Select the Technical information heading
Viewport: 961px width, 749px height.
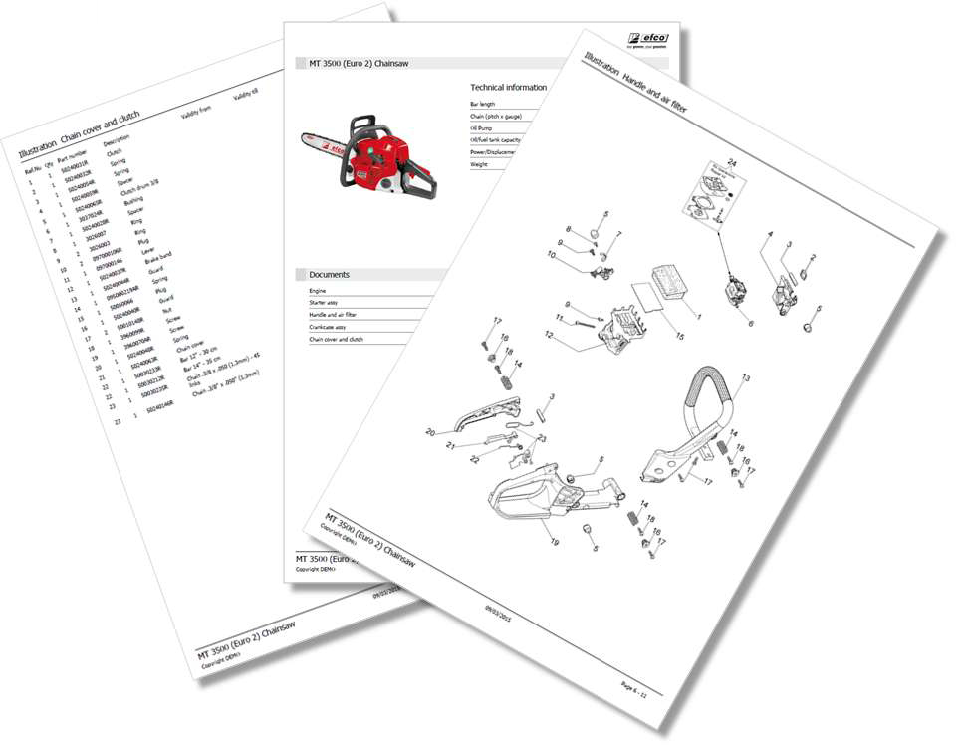[508, 88]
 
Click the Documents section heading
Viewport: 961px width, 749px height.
[328, 274]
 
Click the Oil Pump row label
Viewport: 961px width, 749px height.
[483, 128]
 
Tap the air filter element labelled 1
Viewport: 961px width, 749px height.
[672, 285]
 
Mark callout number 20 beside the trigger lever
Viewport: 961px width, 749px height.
[429, 431]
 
